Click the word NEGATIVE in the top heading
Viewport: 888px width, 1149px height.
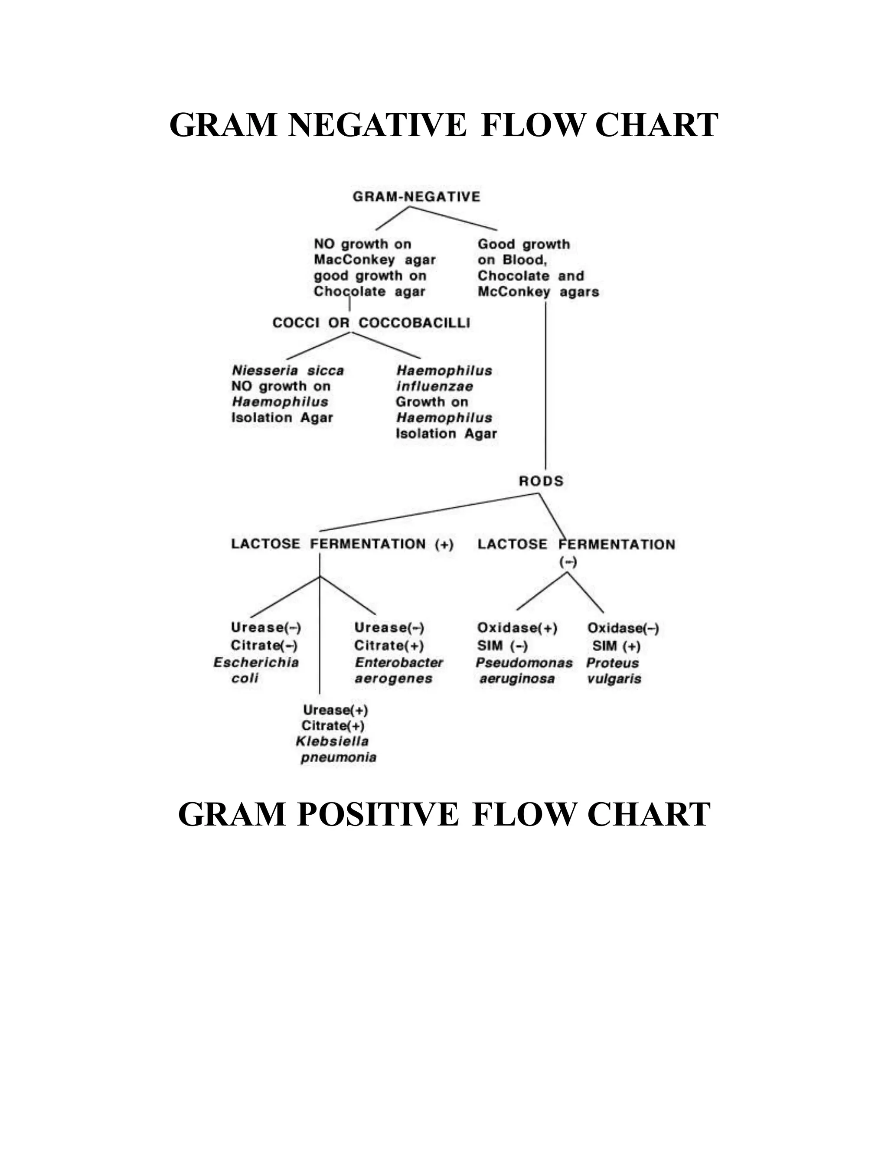click(x=377, y=125)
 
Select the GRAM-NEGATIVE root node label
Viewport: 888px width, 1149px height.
click(x=416, y=197)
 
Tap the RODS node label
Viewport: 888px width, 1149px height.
click(x=541, y=481)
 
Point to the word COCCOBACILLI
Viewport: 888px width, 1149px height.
click(x=414, y=323)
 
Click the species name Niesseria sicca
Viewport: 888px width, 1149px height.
click(x=288, y=370)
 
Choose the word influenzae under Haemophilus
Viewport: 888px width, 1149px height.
click(x=434, y=386)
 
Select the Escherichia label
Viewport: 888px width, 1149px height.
click(x=256, y=663)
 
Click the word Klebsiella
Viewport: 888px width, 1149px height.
click(x=332, y=741)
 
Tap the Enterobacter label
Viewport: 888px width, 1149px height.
click(x=399, y=663)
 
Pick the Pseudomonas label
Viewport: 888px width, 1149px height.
click(x=524, y=663)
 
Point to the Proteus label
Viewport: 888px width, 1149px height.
click(x=612, y=663)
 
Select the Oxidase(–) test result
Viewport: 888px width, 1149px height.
click(x=623, y=628)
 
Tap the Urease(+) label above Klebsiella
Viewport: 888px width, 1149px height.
click(x=336, y=710)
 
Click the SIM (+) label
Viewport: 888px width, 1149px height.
click(x=616, y=646)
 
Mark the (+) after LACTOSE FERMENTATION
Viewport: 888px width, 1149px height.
click(x=444, y=545)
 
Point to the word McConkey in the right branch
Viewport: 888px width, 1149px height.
click(x=513, y=291)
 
